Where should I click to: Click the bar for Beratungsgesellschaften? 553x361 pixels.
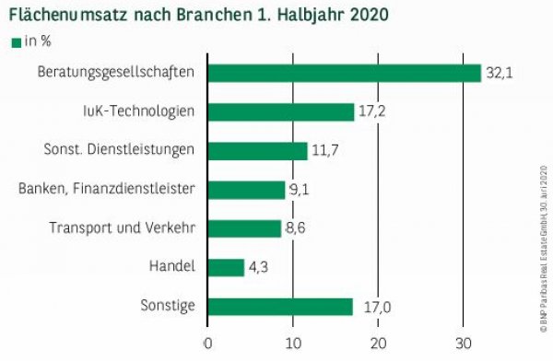click(x=344, y=73)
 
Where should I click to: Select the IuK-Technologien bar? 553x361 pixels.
click(x=281, y=111)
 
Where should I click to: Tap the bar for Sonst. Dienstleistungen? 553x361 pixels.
click(x=257, y=150)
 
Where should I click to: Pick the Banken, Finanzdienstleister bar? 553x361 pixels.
click(x=246, y=190)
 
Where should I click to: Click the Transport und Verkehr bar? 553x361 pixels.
click(x=244, y=228)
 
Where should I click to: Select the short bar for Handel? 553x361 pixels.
click(x=226, y=267)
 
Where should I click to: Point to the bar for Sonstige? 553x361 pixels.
click(x=280, y=307)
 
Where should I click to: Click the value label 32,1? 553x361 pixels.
click(x=499, y=74)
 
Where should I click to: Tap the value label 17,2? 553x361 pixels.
click(x=371, y=112)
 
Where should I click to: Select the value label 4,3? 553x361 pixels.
click(x=262, y=268)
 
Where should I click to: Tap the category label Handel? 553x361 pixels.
click(x=171, y=268)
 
